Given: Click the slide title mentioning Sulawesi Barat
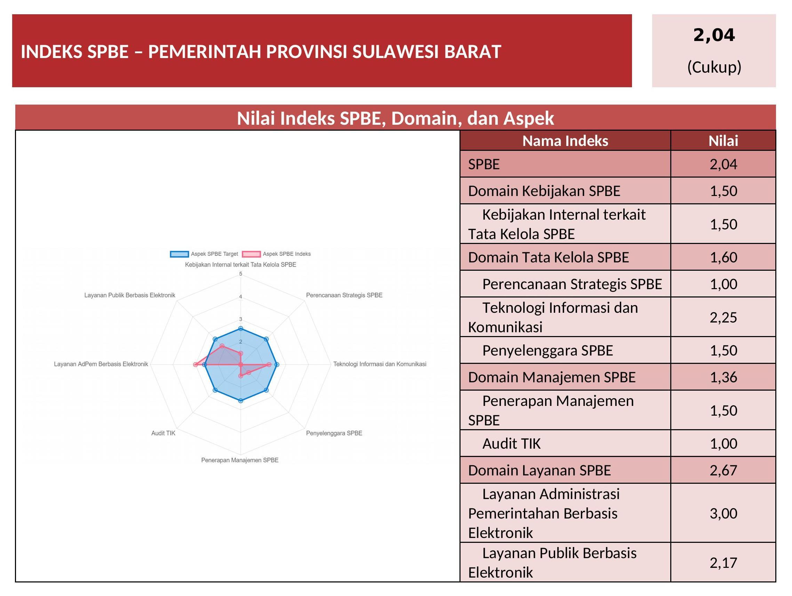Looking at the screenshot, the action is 261,51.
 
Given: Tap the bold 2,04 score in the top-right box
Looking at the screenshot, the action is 714,35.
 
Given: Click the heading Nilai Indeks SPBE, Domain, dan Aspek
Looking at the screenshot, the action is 395,118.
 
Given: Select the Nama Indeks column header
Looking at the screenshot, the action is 565,141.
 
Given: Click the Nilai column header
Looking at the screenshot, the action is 723,141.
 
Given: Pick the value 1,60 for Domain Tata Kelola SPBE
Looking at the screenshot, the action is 723,257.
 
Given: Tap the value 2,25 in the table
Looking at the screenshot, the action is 723,317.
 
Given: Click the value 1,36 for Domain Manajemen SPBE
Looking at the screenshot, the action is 723,377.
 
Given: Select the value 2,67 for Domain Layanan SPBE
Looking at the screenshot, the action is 723,470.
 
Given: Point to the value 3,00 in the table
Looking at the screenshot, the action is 723,513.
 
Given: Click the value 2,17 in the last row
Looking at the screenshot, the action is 723,563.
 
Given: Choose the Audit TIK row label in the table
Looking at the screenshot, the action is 511,443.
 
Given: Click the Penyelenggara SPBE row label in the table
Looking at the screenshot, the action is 547,351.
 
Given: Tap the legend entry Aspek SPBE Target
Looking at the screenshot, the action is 204,254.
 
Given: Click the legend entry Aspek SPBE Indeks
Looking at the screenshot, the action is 277,254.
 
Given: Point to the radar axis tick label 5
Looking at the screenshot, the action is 241,274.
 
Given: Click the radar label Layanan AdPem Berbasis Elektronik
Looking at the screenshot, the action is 101,364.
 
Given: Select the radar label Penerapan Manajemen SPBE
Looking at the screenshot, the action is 240,460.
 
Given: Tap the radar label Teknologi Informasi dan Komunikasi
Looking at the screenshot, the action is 380,364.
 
